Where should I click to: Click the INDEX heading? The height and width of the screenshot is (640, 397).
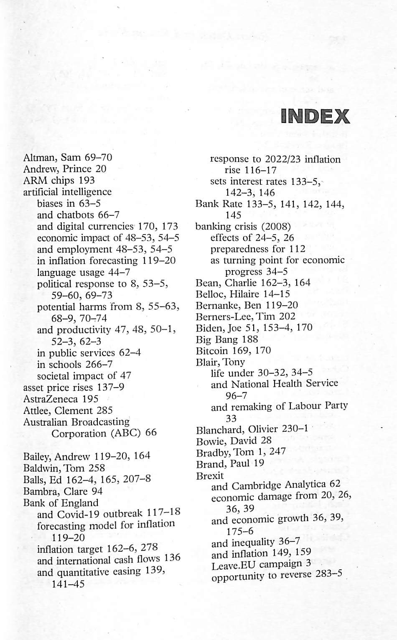pos(315,116)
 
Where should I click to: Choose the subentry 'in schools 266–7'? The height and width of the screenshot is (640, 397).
pos(74,365)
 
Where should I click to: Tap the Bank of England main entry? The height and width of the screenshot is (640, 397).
pos(61,502)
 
